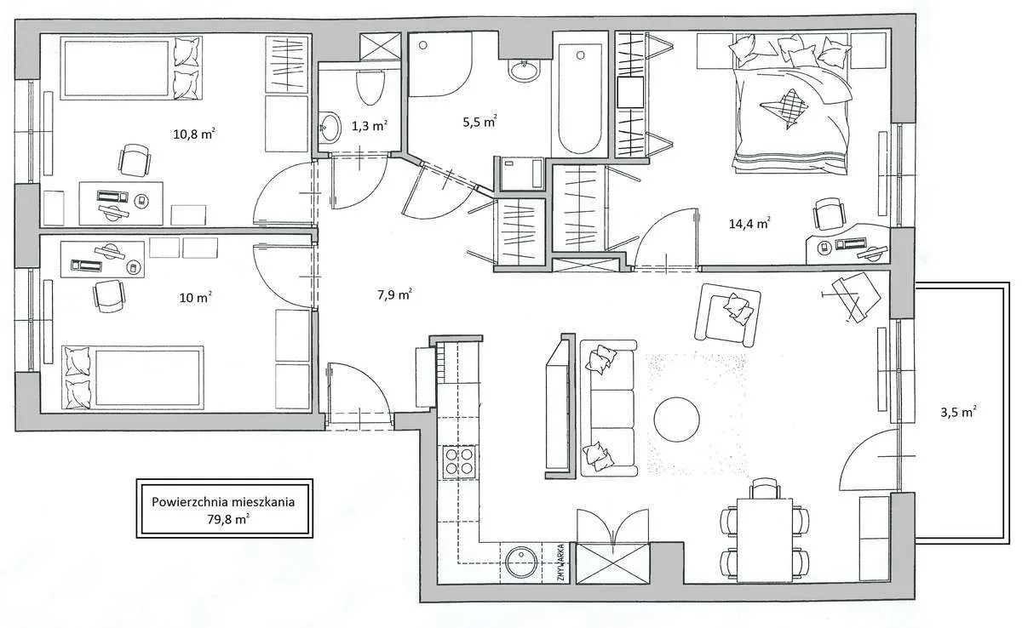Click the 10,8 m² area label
point(194,134)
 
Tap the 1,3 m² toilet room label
point(370,126)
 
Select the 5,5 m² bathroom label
point(479,122)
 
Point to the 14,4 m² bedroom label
point(749,223)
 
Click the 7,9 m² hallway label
point(394,295)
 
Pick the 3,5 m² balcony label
point(958,412)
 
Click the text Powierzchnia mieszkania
point(223,502)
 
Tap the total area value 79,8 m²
point(228,519)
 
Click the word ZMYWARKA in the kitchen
point(561,562)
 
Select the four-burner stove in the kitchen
point(459,461)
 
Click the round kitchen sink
point(521,562)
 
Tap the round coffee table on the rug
point(676,420)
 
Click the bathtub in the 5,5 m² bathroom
point(580,99)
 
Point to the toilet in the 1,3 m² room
point(370,88)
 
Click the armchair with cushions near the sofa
point(727,315)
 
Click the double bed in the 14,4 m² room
point(791,104)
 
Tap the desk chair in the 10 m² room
point(109,296)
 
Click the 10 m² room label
point(195,298)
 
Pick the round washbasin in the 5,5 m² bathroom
point(524,71)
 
